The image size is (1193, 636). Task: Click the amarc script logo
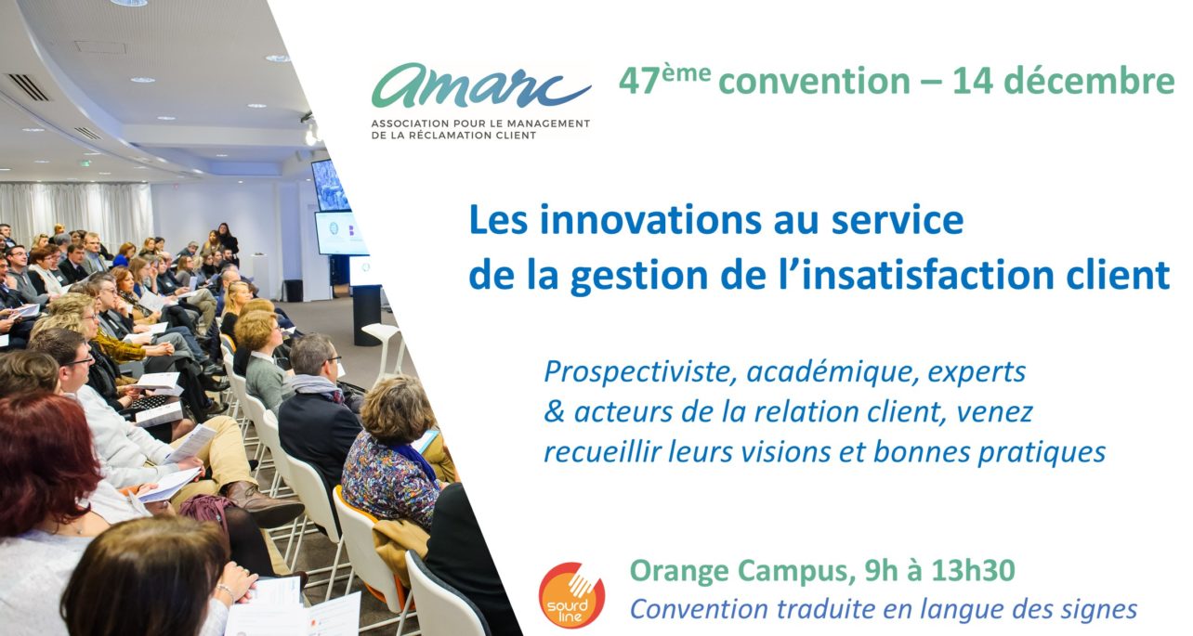tap(481, 85)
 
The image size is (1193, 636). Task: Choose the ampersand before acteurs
tap(554, 412)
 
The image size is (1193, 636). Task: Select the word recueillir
tap(602, 452)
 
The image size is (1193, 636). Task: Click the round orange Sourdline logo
tap(571, 595)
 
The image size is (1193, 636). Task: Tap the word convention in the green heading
tap(814, 82)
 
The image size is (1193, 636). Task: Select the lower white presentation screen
tap(341, 232)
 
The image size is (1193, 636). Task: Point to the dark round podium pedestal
tap(367, 315)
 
